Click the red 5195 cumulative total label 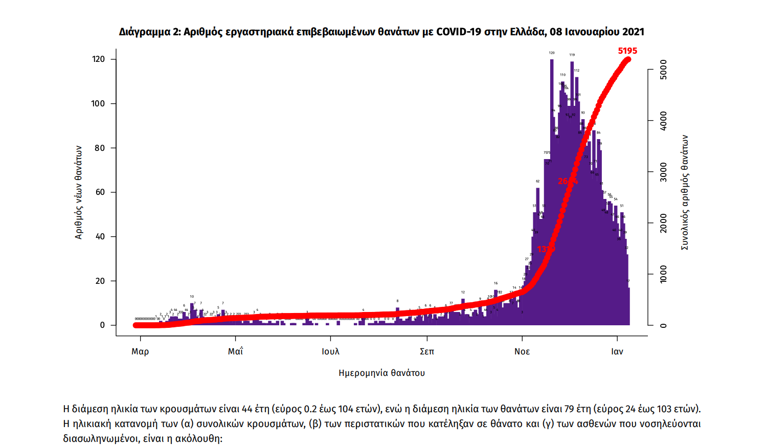coord(627,51)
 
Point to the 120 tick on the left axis coord(98,59)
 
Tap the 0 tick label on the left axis coord(102,325)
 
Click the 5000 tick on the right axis coord(663,69)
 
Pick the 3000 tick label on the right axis coord(663,172)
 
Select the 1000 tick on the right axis coord(663,274)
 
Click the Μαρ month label coord(140,351)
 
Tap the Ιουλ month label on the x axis coord(330,351)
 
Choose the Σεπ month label coord(426,351)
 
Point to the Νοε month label coord(522,351)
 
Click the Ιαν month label coord(617,351)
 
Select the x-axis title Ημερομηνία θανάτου coord(381,373)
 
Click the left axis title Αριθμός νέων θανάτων coord(78,192)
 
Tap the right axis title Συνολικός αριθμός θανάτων coord(685,192)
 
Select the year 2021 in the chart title coord(633,32)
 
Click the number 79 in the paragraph coord(569,409)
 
